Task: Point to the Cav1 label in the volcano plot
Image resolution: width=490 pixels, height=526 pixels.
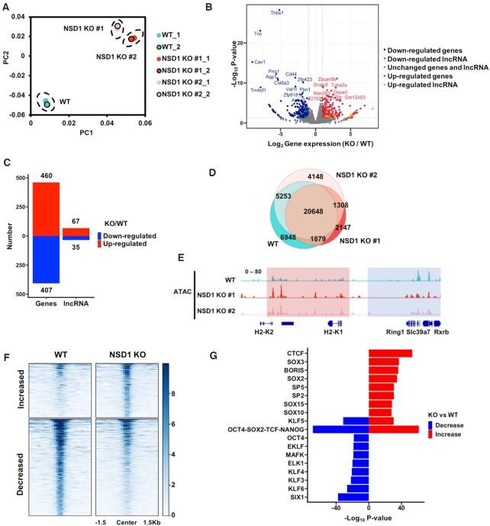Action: (x=260, y=62)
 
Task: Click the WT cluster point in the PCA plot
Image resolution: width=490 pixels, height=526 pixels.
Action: (x=46, y=102)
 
